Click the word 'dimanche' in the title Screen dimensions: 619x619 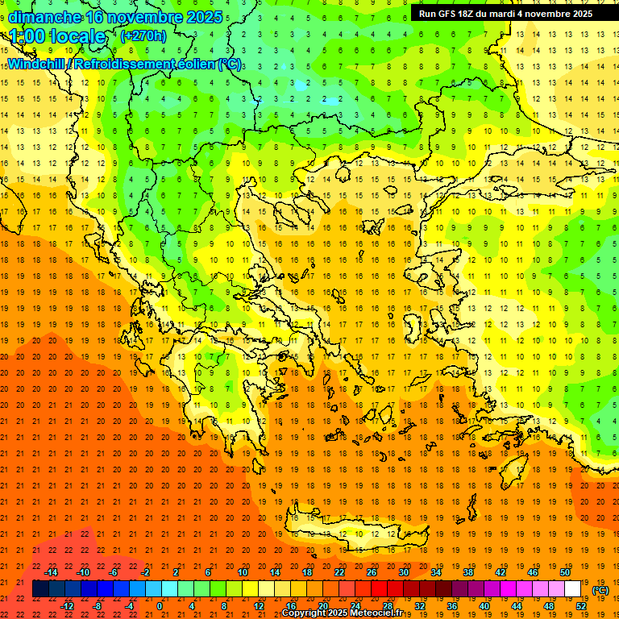tap(42, 16)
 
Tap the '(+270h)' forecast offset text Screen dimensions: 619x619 tap(143, 35)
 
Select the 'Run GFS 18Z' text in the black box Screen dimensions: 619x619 tap(451, 14)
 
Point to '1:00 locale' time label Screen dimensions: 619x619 tap(58, 36)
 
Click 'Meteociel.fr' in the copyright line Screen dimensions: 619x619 tap(373, 613)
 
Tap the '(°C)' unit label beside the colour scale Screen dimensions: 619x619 tap(600, 590)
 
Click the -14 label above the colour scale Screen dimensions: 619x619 tap(52, 572)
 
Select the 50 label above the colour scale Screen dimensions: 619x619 tap(565, 572)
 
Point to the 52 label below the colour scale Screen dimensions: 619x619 tap(581, 606)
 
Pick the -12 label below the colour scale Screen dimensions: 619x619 tap(67, 606)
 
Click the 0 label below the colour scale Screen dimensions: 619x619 tap(160, 606)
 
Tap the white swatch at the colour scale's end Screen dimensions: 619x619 tap(573, 589)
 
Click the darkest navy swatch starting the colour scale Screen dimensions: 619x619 tap(40, 589)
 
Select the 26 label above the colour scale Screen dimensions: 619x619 tap(372, 572)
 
